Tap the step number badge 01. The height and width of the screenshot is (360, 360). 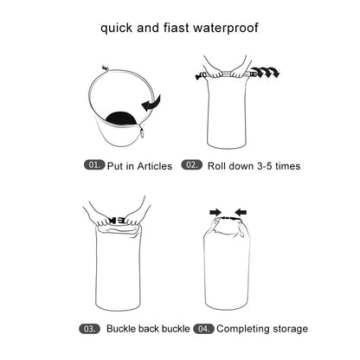[x=93, y=164]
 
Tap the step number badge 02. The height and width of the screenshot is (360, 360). [x=191, y=164]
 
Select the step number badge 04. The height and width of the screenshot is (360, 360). [x=204, y=329]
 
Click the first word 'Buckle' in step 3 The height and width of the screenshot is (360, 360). [x=124, y=329]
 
